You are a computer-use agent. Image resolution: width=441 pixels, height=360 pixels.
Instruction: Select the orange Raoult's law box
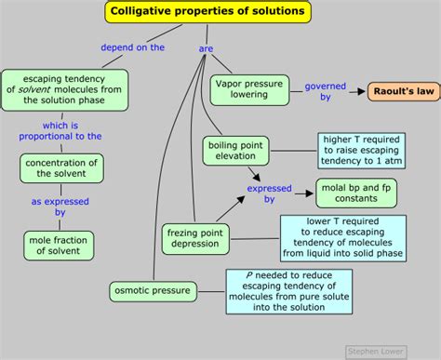(402, 91)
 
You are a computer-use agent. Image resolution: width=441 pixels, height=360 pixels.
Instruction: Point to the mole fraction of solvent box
(60, 245)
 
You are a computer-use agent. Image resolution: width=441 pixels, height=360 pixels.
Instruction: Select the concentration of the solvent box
(60, 168)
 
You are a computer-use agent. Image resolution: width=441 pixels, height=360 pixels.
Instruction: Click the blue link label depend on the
(133, 47)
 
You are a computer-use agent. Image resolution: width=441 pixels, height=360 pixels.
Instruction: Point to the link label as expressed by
(60, 207)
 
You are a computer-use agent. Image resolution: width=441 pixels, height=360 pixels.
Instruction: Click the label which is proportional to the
(60, 129)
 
